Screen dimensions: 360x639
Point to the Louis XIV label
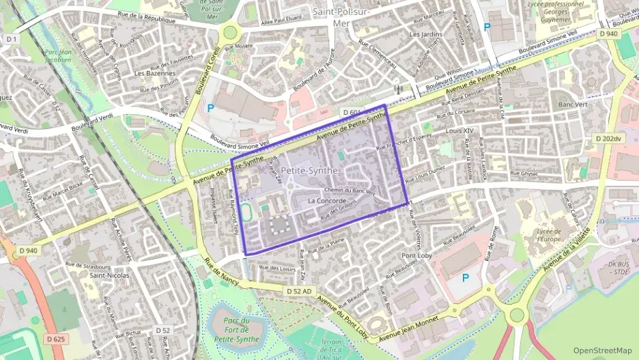[x=459, y=130]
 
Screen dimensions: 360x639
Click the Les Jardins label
[x=423, y=33]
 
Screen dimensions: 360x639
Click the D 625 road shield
[x=57, y=339]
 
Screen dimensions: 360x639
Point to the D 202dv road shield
[x=608, y=139]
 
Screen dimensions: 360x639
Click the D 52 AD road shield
[x=299, y=292]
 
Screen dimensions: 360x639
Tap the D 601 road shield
[x=352, y=112]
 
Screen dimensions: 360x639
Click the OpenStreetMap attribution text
[x=603, y=350]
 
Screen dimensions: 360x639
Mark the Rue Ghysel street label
[x=525, y=174]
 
